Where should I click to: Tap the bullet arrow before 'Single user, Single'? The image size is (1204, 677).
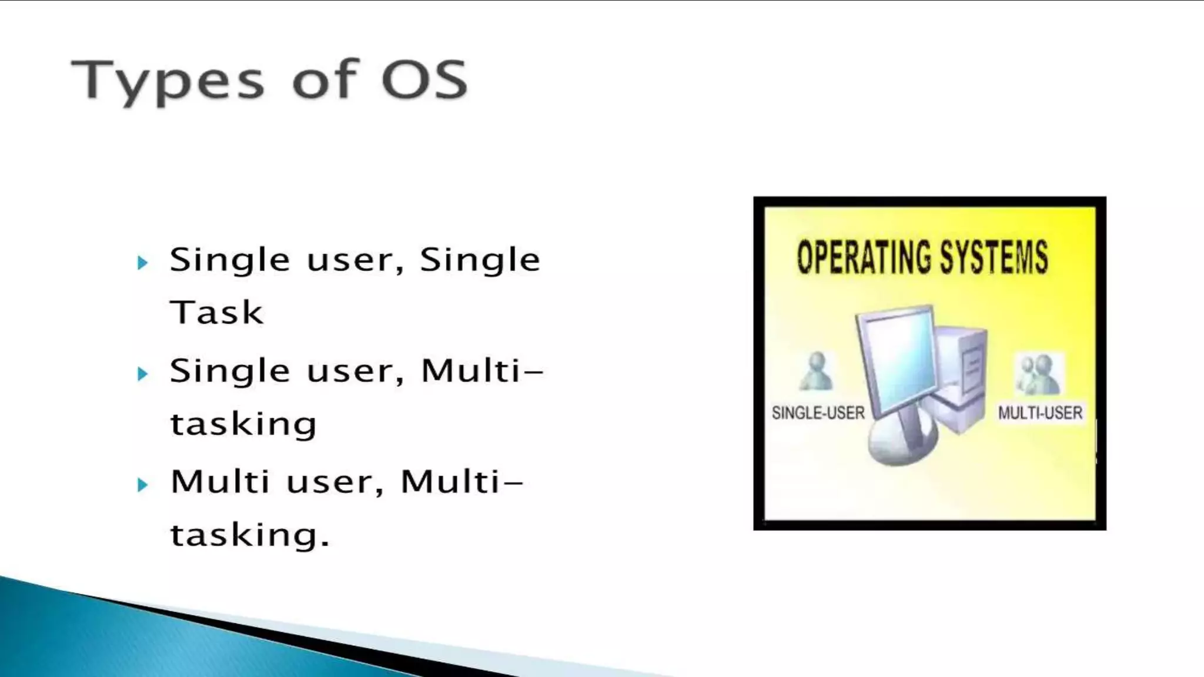point(142,263)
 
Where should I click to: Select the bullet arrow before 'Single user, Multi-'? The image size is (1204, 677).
point(142,374)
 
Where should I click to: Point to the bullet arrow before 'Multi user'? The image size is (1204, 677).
point(142,485)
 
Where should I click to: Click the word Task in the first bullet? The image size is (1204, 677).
point(216,312)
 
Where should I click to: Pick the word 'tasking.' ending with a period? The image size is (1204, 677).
point(250,535)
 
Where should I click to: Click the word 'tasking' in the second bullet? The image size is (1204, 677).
point(243,424)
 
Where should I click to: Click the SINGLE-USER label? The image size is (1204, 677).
point(818,413)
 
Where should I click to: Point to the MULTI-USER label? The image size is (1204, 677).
point(1040,413)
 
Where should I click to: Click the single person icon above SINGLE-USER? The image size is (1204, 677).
point(817,372)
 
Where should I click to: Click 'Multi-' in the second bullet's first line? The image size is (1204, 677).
point(482,371)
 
